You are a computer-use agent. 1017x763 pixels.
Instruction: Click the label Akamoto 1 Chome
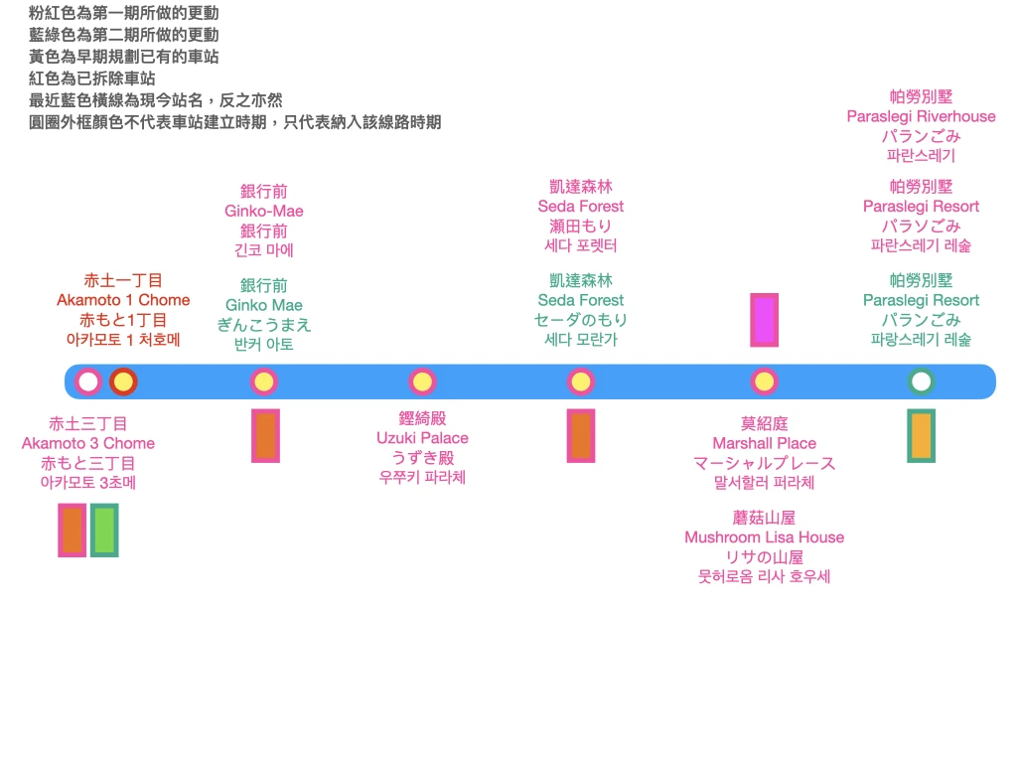pyautogui.click(x=123, y=300)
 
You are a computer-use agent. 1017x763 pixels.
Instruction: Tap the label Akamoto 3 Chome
pyautogui.click(x=88, y=443)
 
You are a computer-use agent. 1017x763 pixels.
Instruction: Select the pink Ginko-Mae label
pyautogui.click(x=264, y=211)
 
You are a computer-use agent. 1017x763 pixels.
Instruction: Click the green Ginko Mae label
pyautogui.click(x=264, y=305)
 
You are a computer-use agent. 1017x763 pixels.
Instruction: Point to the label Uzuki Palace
pyautogui.click(x=422, y=438)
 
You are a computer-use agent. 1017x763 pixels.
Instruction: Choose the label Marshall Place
pyautogui.click(x=764, y=443)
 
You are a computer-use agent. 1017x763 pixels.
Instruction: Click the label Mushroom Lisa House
pyautogui.click(x=764, y=537)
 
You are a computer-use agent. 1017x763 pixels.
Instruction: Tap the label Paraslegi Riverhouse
pyautogui.click(x=921, y=116)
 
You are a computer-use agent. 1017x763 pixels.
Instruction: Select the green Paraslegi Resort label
pyautogui.click(x=921, y=300)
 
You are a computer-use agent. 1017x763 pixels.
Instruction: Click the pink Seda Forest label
pyautogui.click(x=581, y=206)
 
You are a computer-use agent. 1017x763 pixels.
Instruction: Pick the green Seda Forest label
pyautogui.click(x=581, y=300)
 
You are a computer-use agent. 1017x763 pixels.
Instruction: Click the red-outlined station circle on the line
pyautogui.click(x=123, y=381)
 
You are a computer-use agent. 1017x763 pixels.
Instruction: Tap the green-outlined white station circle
pyautogui.click(x=921, y=381)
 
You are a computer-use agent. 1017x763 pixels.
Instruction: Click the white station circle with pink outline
pyautogui.click(x=88, y=381)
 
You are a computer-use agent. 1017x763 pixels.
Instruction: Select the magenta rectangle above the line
pyautogui.click(x=764, y=320)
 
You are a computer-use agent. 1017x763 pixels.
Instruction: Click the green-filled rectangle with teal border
pyautogui.click(x=104, y=531)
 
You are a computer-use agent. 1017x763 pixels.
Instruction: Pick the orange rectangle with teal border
pyautogui.click(x=921, y=435)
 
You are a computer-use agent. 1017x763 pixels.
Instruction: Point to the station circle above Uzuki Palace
pyautogui.click(x=422, y=381)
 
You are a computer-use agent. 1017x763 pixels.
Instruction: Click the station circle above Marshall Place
pyautogui.click(x=764, y=381)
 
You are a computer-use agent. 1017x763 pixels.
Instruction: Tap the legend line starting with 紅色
pyautogui.click(x=92, y=78)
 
